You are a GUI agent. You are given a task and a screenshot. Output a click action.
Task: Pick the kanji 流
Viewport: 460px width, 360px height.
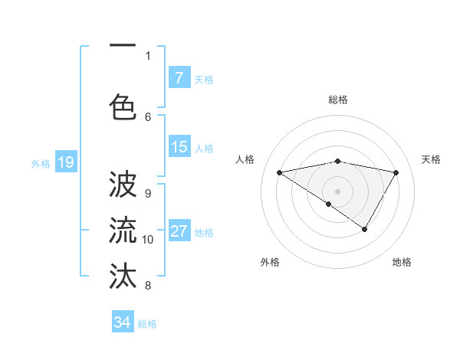123,229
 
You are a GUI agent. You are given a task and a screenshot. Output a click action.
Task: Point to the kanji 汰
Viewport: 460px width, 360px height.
123,274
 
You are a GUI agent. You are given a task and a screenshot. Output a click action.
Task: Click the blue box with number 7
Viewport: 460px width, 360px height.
179,78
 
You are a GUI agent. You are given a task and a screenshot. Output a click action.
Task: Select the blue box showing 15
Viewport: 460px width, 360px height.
179,148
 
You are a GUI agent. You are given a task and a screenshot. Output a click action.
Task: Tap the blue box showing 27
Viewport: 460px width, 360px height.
179,232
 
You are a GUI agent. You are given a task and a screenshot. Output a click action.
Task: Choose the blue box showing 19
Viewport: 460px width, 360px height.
65,162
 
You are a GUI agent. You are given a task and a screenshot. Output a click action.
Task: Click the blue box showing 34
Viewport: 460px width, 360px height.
123,322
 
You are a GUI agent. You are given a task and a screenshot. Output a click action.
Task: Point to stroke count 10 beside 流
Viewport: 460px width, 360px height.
148,240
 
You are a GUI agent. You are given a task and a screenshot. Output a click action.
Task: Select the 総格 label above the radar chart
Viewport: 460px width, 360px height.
338,100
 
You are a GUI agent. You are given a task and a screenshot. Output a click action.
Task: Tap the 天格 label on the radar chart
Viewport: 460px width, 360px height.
431,159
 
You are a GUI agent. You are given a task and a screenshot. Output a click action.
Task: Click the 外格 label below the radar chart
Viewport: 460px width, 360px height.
270,262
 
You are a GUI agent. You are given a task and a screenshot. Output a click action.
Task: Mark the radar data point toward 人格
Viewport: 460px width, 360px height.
279,172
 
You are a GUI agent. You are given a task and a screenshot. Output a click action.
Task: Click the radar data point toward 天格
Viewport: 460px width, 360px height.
396,172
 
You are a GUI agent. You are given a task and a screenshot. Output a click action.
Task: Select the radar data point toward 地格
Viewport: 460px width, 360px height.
365,229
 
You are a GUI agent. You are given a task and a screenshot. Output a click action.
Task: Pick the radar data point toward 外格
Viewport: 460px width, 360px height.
328,204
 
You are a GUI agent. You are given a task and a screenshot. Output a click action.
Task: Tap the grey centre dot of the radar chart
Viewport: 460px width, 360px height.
337,191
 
